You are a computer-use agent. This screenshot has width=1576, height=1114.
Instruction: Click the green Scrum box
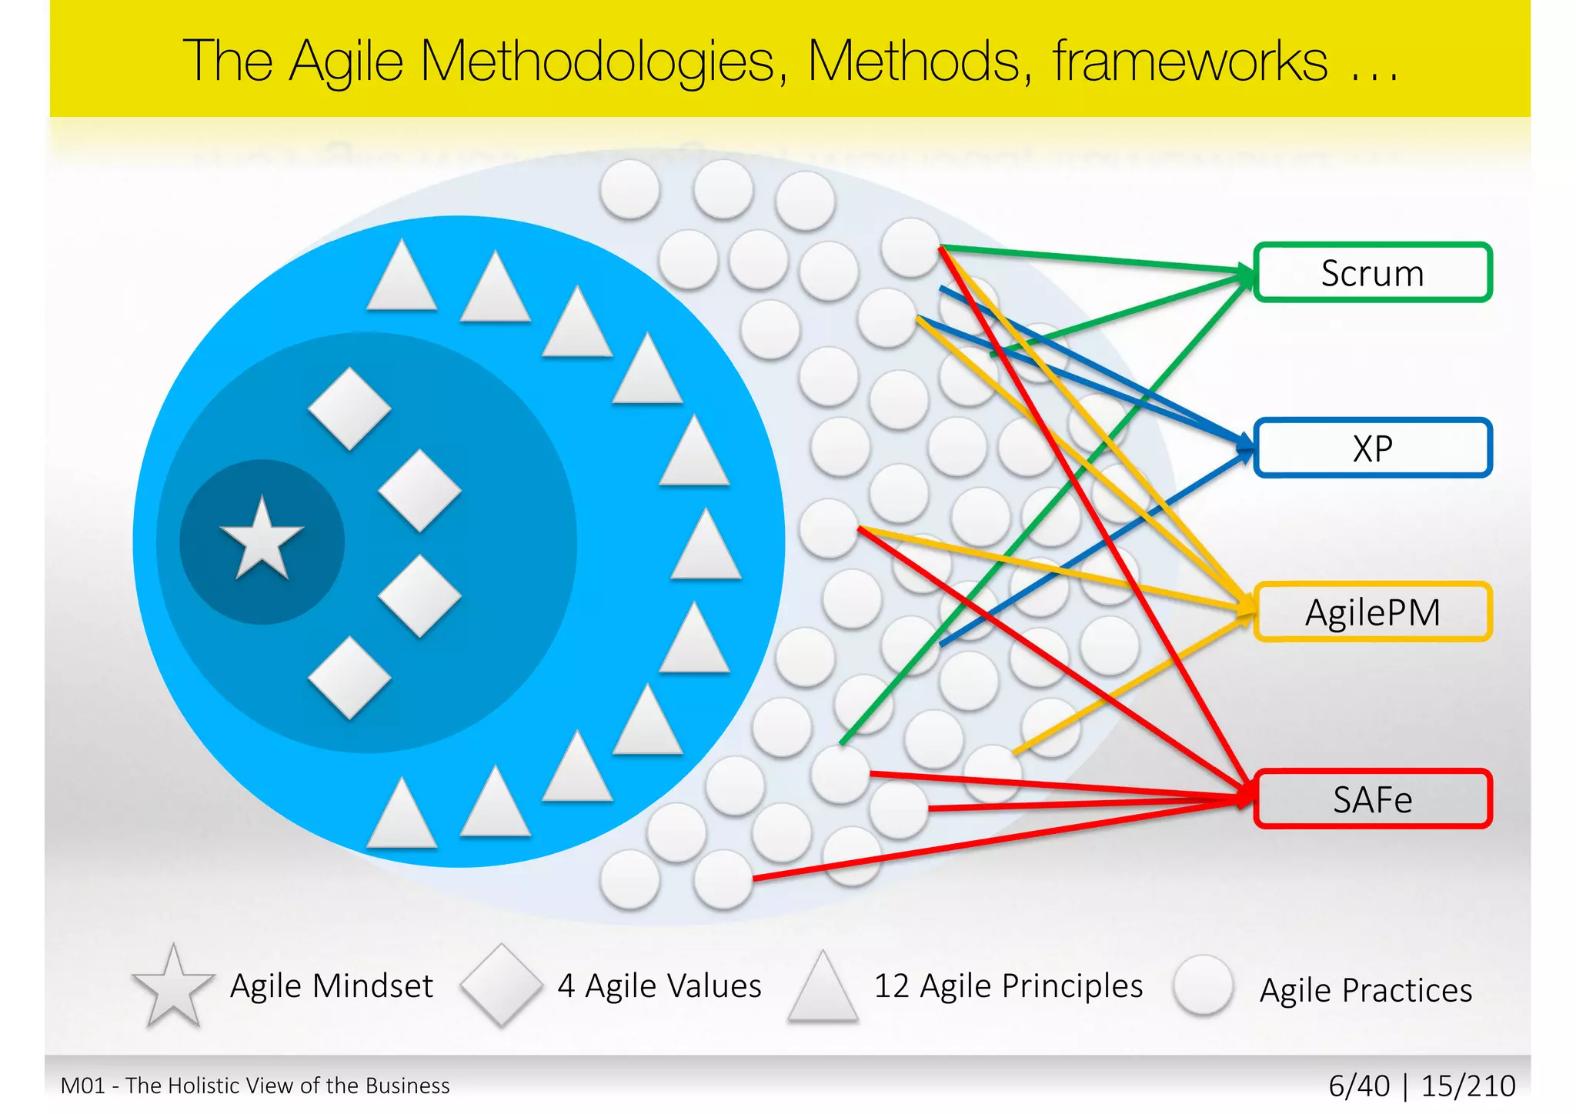[1372, 273]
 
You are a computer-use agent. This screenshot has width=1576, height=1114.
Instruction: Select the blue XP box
[1372, 448]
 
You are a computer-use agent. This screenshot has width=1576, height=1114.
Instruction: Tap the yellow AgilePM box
[1372, 612]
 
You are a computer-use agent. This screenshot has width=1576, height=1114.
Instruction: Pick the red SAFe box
[1372, 799]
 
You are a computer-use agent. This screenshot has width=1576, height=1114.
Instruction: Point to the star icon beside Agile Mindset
[173, 987]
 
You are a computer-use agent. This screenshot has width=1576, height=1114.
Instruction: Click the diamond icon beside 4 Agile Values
[501, 985]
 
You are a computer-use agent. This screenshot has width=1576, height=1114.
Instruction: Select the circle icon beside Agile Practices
[1203, 986]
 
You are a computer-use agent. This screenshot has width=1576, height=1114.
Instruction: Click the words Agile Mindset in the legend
[332, 986]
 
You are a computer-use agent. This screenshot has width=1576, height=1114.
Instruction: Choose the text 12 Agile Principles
[1008, 986]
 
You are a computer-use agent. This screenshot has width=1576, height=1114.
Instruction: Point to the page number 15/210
[1467, 1086]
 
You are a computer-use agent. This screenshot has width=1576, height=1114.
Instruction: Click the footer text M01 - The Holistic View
[255, 1086]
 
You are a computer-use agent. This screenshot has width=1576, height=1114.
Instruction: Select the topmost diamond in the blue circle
[349, 409]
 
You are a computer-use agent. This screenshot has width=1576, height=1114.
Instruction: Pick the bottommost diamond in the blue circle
[349, 678]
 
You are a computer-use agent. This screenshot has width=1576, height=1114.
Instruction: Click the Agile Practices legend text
[1365, 990]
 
